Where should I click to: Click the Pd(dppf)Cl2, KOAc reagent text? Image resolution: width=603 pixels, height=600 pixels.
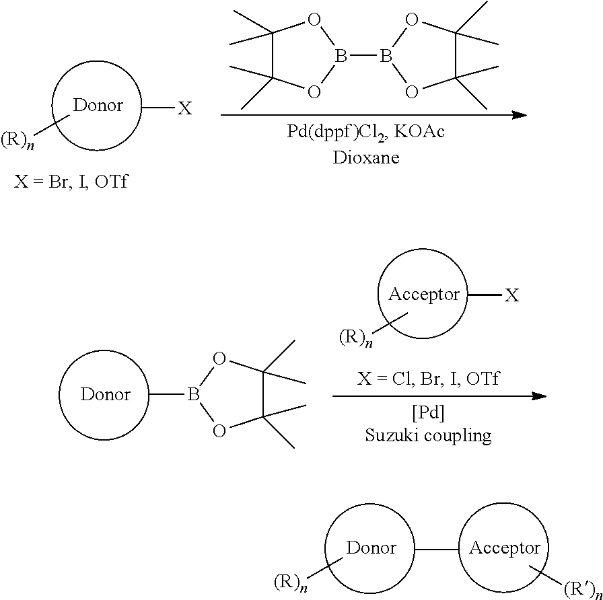click(x=365, y=132)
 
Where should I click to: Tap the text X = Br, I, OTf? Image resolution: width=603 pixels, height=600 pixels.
click(x=71, y=182)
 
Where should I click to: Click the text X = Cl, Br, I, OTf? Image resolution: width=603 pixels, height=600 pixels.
click(x=429, y=379)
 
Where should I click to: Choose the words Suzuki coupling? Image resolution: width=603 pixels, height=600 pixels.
click(x=429, y=435)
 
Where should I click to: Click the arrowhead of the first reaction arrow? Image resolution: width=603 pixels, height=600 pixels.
click(x=519, y=115)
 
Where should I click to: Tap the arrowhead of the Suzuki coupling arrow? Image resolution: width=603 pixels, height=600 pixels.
click(x=539, y=396)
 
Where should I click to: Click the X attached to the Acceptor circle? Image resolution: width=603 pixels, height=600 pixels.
click(x=512, y=295)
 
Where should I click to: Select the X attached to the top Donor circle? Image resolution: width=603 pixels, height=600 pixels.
click(x=184, y=108)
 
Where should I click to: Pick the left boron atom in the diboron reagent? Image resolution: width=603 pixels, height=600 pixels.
click(x=341, y=57)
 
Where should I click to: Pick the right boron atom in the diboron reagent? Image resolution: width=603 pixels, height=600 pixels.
click(x=386, y=57)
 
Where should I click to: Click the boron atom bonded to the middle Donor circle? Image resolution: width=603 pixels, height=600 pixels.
click(x=194, y=395)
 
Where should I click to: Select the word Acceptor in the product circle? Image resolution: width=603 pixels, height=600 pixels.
click(x=505, y=548)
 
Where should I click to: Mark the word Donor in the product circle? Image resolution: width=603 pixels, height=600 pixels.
click(x=371, y=548)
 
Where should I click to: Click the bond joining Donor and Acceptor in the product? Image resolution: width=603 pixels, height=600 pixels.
click(x=437, y=549)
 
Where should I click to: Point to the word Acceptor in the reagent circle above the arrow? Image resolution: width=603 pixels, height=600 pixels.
click(x=424, y=295)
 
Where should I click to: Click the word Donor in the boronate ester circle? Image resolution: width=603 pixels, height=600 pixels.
click(x=105, y=394)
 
